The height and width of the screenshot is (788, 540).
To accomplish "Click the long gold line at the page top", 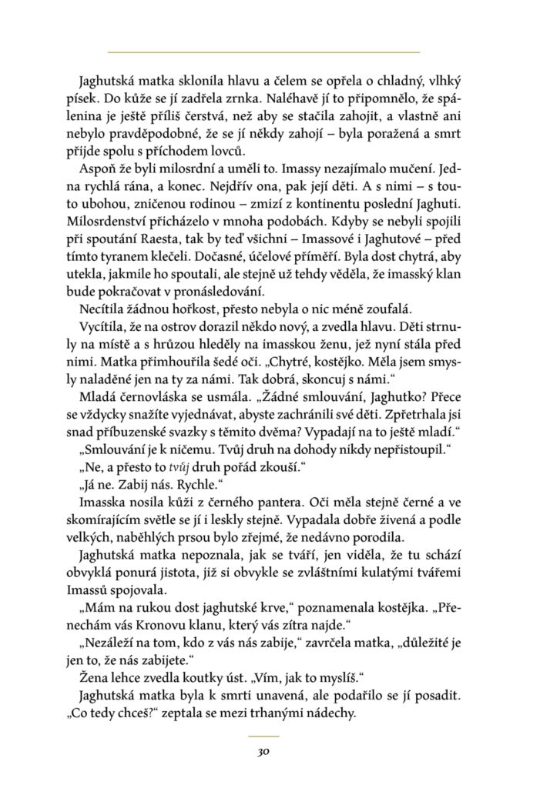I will pyautogui.click(x=263, y=52).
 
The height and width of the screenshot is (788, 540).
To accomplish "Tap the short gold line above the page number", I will pyautogui.click(x=263, y=736).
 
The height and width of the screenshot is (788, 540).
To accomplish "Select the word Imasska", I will pyautogui.click(x=102, y=502).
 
